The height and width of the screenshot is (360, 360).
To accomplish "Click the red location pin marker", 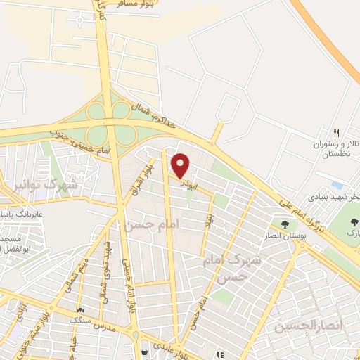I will coord(181,166).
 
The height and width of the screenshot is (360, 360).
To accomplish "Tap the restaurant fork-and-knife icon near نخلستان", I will coord(336,133).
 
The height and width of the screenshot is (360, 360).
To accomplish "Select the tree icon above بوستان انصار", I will coord(285,224).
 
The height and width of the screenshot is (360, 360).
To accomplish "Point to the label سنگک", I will coord(82,320).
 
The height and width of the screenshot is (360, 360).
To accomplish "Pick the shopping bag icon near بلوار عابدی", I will coord(144,351).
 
